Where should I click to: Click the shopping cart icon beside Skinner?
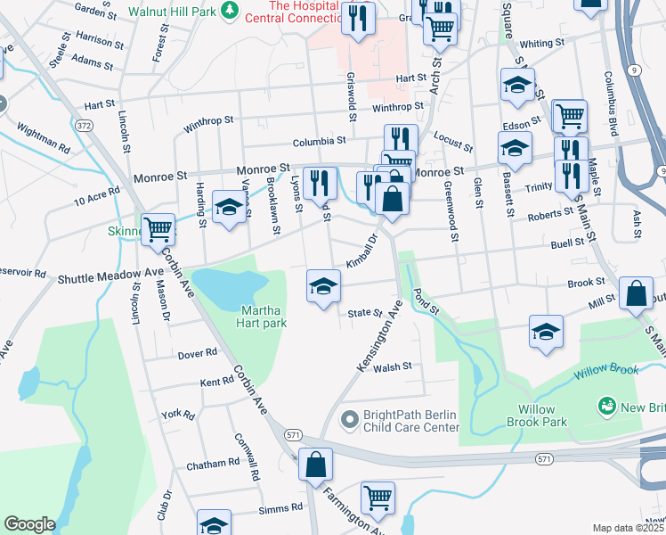pos(158,229)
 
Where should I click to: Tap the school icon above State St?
pos(323,286)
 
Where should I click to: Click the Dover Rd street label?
pos(198,353)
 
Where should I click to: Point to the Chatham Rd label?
pos(213,465)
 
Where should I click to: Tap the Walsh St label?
pos(393,366)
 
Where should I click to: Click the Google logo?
pos(29,524)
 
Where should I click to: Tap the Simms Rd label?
pos(280,508)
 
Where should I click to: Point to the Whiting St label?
pos(536,44)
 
